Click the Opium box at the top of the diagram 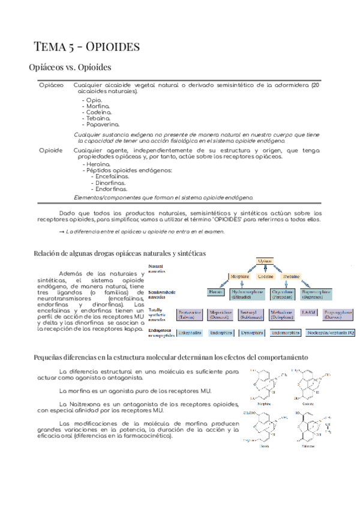coord(266,261)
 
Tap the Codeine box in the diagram coord(266,277)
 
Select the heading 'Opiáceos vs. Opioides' coord(70,68)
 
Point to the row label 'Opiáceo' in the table coord(51,86)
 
